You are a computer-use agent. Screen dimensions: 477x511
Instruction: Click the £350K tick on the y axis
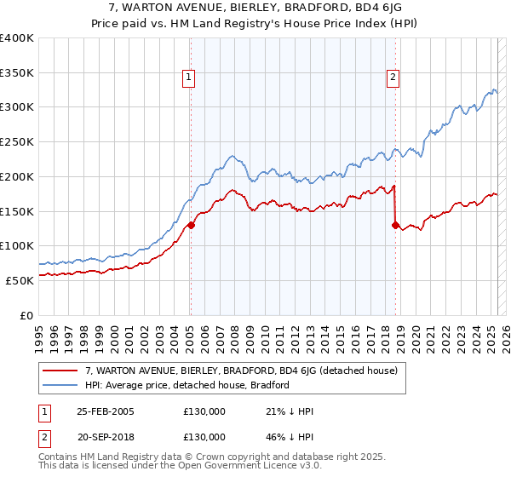pos(17,73)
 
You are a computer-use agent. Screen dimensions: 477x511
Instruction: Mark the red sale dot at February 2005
pos(191,225)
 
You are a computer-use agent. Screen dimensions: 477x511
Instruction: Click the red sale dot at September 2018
pos(395,225)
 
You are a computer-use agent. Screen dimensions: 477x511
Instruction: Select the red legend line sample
pos(60,371)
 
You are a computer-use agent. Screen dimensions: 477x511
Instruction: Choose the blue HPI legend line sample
pos(60,385)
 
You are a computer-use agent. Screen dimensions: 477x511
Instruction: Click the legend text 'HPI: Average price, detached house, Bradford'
pos(187,385)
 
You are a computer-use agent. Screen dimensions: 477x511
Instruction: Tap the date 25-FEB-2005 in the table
pos(106,412)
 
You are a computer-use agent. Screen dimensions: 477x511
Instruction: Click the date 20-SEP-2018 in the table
pos(106,436)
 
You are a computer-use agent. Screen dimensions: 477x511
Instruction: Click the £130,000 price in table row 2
pos(204,436)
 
